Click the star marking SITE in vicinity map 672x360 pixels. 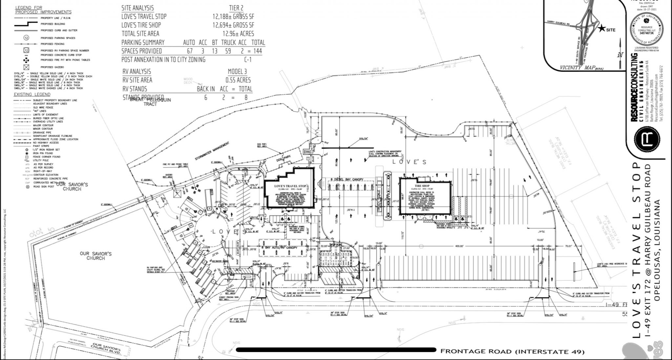coord(601,29)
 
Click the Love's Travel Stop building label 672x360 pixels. coord(289,186)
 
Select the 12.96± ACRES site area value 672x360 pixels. coord(238,33)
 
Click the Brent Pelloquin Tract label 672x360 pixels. coord(150,101)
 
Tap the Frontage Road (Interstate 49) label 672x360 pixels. coord(512,351)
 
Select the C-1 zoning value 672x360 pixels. coord(248,60)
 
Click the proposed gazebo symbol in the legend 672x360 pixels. coord(26,67)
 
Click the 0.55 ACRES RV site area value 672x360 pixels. coord(238,80)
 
